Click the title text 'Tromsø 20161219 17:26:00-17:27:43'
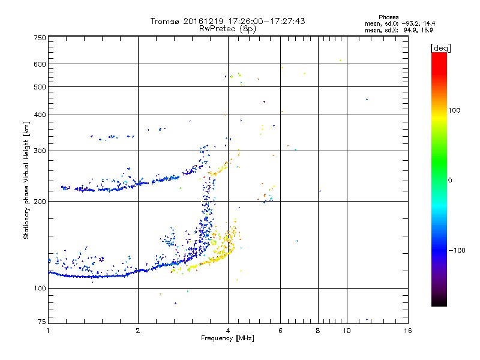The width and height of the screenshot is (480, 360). (x=227, y=21)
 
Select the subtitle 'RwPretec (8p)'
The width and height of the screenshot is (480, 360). (x=227, y=28)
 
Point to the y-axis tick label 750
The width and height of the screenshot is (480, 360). (x=40, y=38)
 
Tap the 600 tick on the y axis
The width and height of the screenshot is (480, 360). (x=40, y=64)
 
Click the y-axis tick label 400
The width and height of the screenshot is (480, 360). (x=40, y=115)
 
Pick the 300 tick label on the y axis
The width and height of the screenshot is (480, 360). (x=40, y=151)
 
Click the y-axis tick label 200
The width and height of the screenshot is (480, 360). (x=40, y=202)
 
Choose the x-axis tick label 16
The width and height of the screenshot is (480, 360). (x=407, y=331)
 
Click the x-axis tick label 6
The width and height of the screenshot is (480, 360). (x=280, y=331)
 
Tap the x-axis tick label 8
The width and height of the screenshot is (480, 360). (x=318, y=331)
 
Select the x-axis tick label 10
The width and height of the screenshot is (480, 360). (x=346, y=331)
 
